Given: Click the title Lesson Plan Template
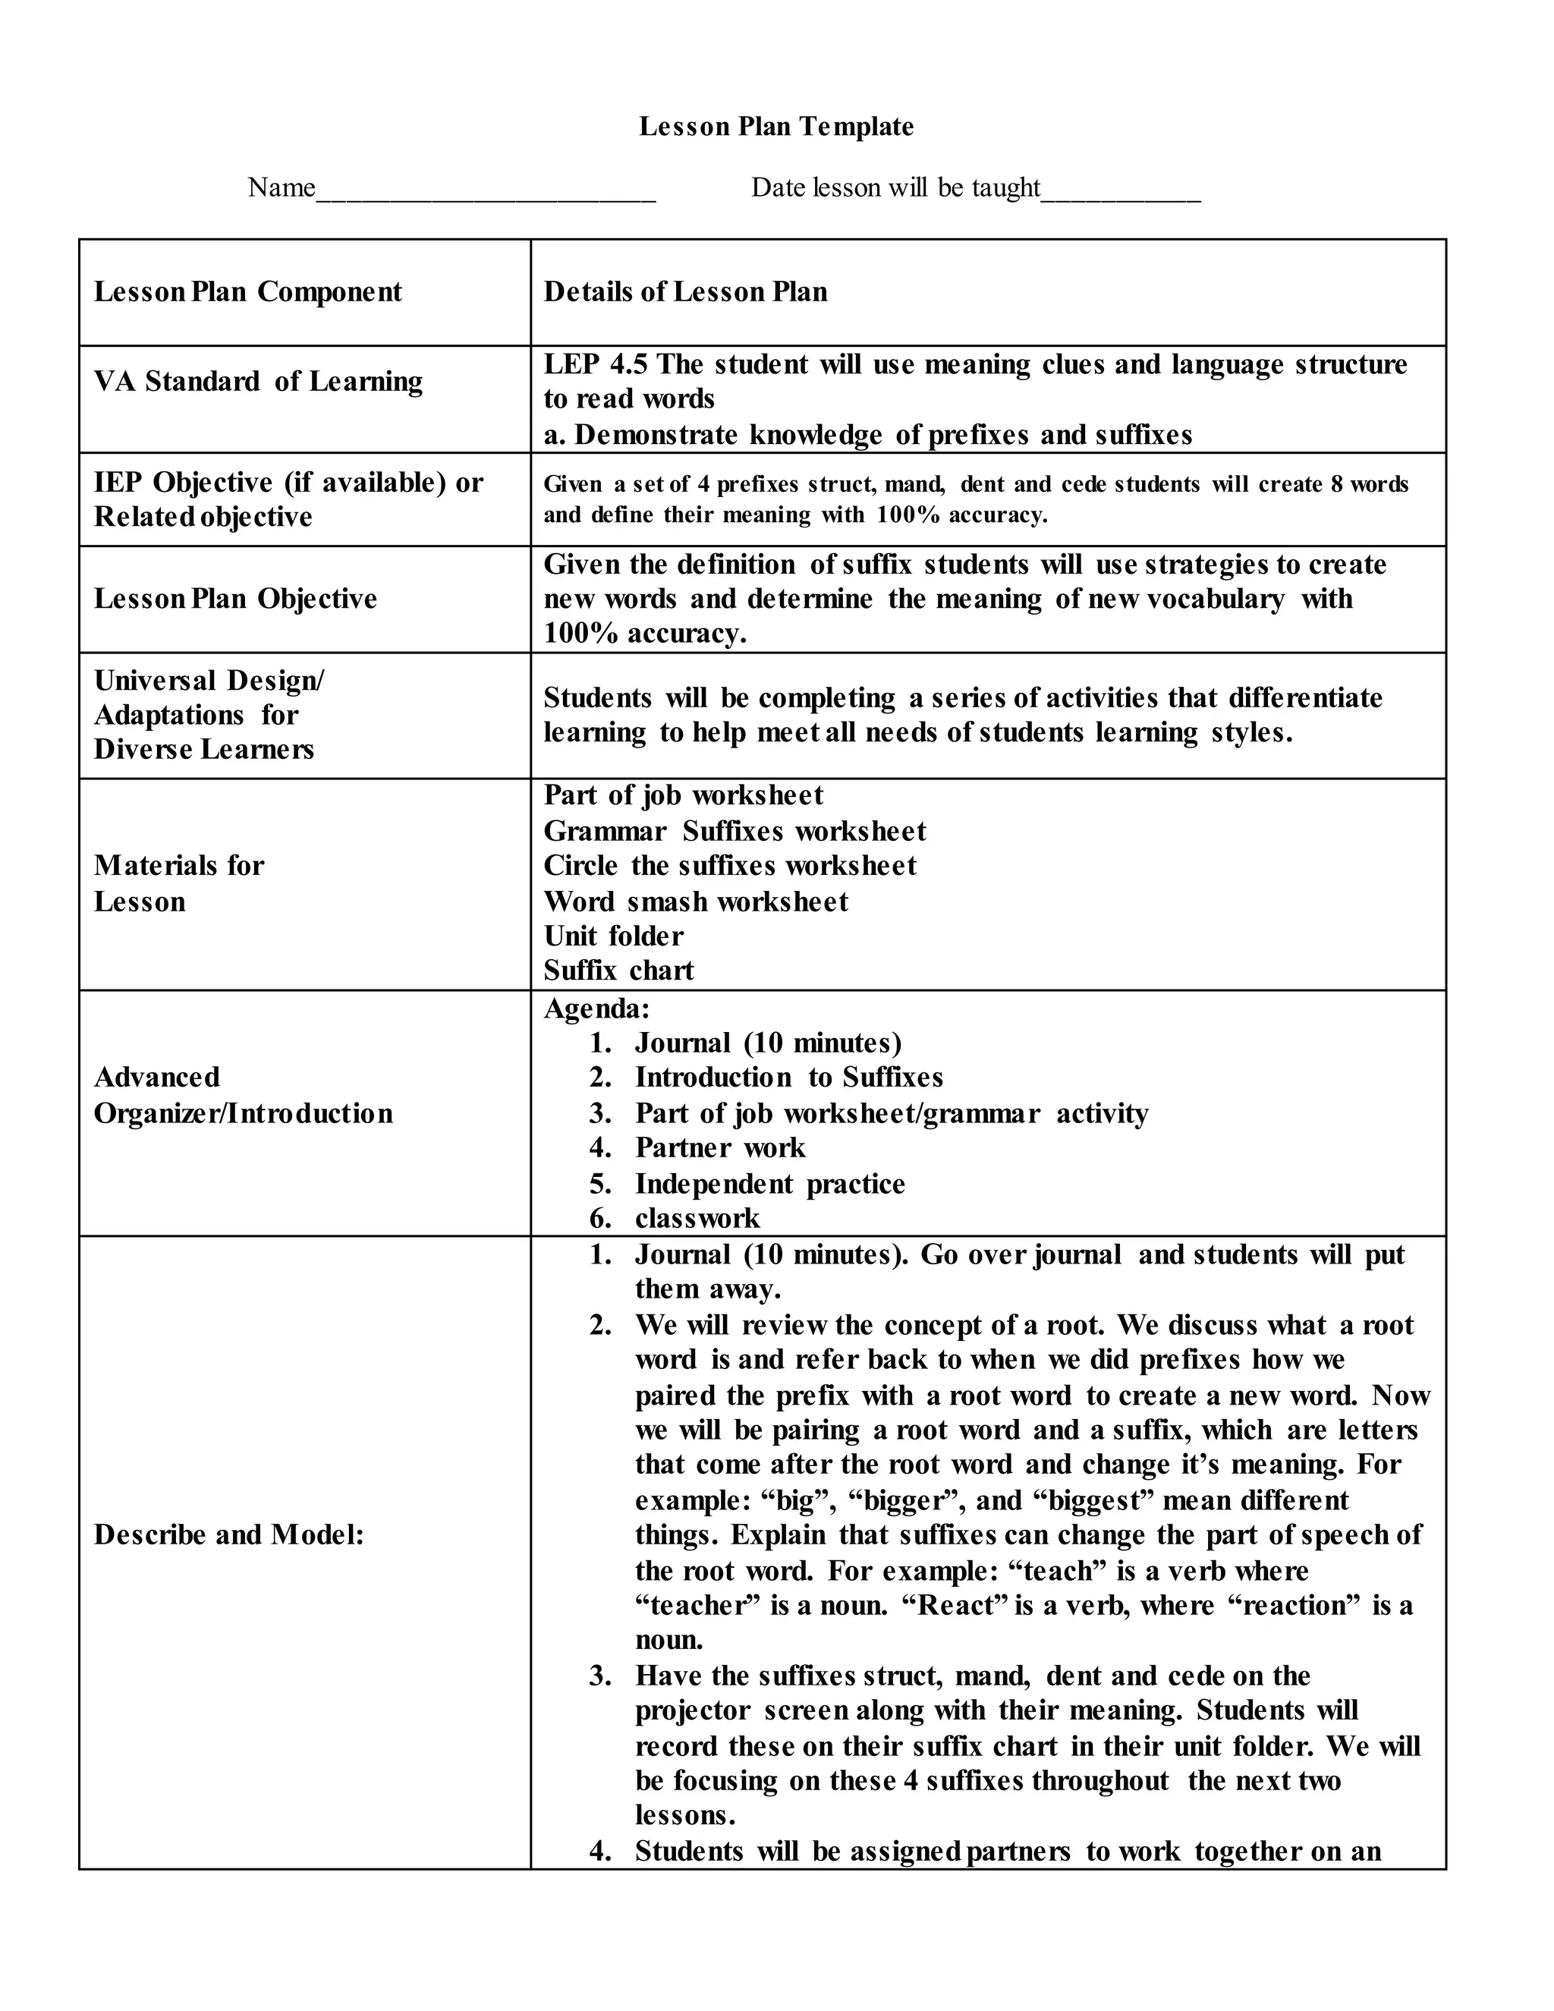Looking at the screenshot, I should point(776,126).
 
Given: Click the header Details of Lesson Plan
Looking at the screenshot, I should point(685,292).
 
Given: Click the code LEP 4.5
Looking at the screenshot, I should point(596,364).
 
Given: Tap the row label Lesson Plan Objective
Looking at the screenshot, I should point(236,599).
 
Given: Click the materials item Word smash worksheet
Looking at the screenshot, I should point(696,902).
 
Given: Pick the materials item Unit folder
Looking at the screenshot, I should point(613,936).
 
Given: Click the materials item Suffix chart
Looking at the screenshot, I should point(618,971).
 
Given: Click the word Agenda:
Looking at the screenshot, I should point(596,1009).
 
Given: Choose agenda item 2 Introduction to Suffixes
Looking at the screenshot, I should point(788,1078).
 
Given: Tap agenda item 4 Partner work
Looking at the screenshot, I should point(720,1148).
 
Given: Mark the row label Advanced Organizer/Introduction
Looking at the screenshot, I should point(243,1095).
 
